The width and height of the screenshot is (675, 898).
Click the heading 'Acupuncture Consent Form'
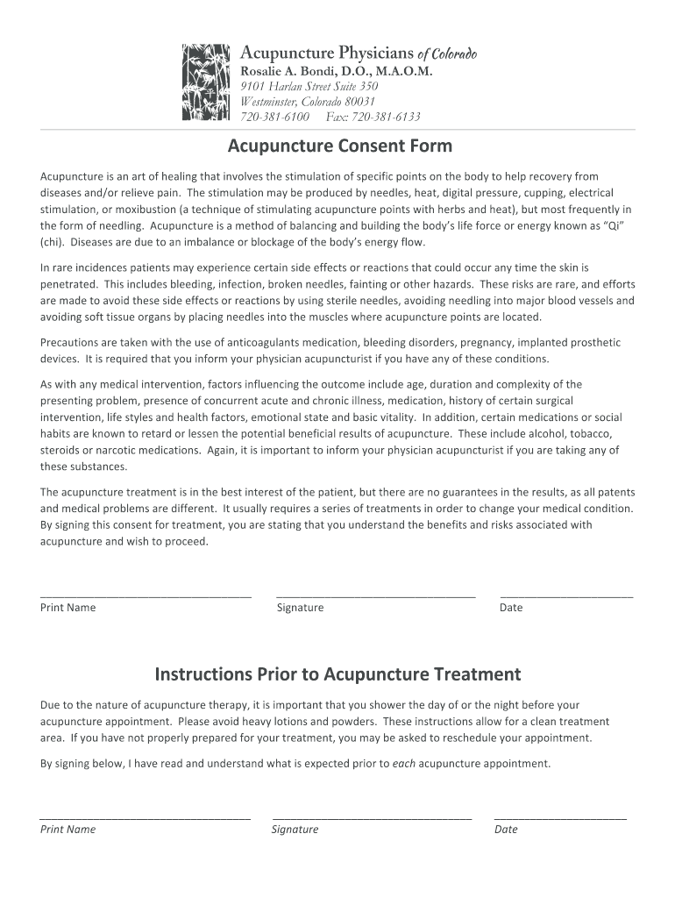(x=340, y=145)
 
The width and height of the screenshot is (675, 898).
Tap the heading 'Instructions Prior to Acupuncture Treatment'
(x=337, y=674)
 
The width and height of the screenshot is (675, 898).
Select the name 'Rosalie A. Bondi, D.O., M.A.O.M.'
(x=337, y=71)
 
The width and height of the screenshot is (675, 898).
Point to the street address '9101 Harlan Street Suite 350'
(x=309, y=87)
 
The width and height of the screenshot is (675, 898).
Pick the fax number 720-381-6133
(x=387, y=117)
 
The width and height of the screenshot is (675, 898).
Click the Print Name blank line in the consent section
(x=146, y=595)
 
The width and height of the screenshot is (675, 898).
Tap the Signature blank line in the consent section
(x=375, y=595)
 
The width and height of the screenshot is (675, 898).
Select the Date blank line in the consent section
(x=565, y=595)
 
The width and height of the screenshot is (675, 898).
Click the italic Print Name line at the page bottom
(x=146, y=817)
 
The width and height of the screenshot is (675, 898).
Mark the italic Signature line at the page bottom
(x=372, y=817)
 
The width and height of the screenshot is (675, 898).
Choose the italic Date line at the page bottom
(x=560, y=817)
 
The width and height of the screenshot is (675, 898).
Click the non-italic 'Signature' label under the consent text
(x=300, y=608)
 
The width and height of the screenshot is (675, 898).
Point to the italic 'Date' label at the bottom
(x=506, y=830)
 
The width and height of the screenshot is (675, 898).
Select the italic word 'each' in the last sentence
(x=403, y=763)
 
